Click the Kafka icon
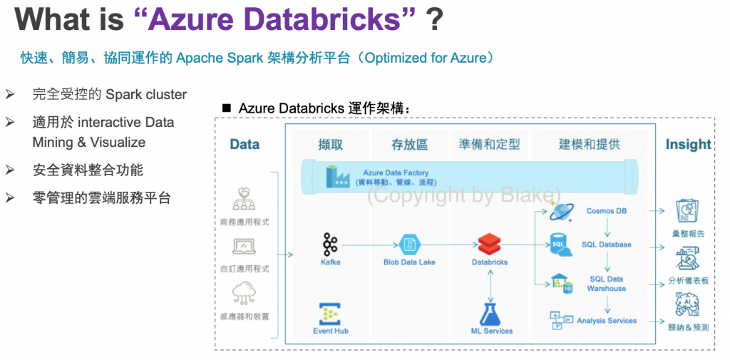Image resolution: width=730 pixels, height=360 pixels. click(330, 245)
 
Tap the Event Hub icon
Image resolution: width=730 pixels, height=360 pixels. click(330, 314)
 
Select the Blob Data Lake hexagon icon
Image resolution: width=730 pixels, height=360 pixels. click(409, 245)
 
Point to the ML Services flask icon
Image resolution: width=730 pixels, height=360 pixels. click(490, 314)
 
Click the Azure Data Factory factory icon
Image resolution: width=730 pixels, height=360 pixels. click(337, 177)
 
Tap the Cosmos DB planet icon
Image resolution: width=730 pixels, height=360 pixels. click(562, 210)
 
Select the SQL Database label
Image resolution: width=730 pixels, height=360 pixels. click(606, 245)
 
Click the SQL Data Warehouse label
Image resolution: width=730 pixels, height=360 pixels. click(606, 284)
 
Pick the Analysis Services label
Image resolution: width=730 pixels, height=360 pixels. click(607, 320)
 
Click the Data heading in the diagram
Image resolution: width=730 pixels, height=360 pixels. click(245, 145)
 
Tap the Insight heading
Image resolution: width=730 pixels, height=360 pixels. click(688, 145)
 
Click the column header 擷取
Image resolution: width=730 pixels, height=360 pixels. click(331, 145)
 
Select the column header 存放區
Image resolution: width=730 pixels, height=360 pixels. click(409, 145)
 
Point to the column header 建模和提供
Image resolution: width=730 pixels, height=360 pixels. click(590, 145)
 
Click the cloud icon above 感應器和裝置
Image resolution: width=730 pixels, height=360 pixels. click(244, 295)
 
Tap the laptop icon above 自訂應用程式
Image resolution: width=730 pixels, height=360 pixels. click(244, 247)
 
